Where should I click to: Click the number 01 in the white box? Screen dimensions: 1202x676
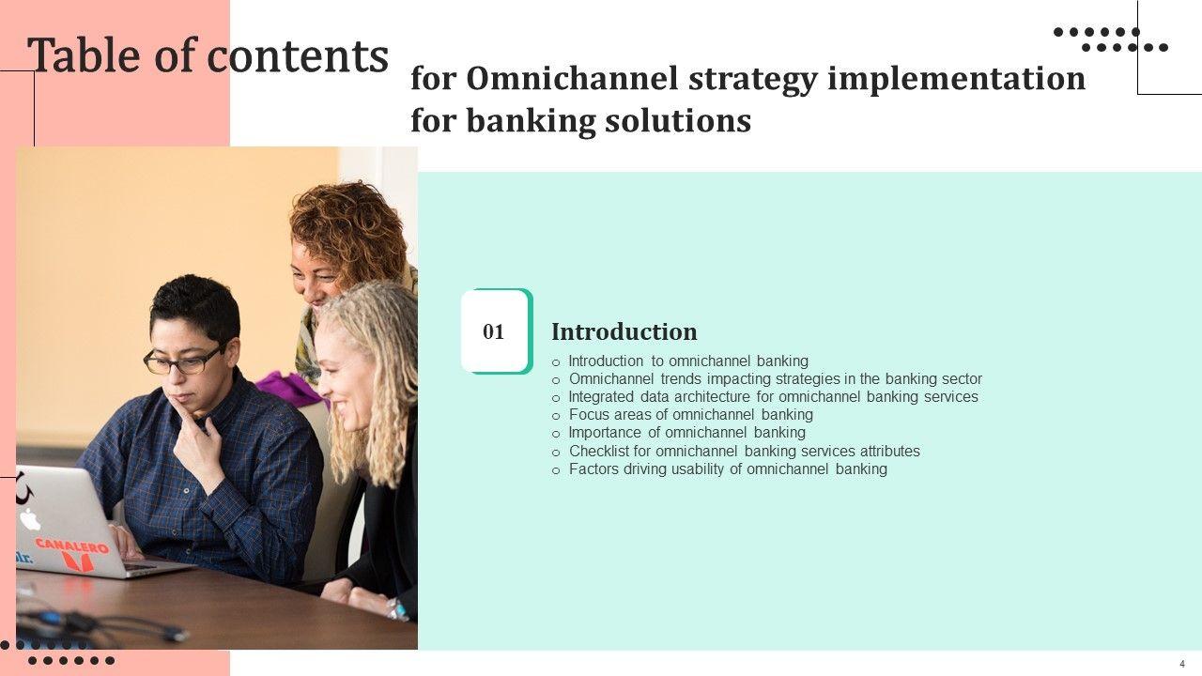493,331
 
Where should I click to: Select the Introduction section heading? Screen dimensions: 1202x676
624,331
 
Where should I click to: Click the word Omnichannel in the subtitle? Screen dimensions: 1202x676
573,78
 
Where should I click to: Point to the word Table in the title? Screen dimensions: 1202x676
84,54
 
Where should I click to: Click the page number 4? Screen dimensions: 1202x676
1182,664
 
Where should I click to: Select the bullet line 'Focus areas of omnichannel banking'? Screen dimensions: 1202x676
690,415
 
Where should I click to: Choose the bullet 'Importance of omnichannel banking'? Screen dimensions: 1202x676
686,433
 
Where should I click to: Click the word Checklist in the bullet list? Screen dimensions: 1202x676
599,452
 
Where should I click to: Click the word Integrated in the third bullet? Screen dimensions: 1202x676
601,397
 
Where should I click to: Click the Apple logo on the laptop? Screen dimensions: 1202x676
30,519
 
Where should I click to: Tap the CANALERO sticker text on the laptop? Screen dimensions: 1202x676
72,546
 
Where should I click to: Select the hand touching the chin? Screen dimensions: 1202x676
197,445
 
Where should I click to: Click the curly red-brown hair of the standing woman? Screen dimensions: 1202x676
347,230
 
